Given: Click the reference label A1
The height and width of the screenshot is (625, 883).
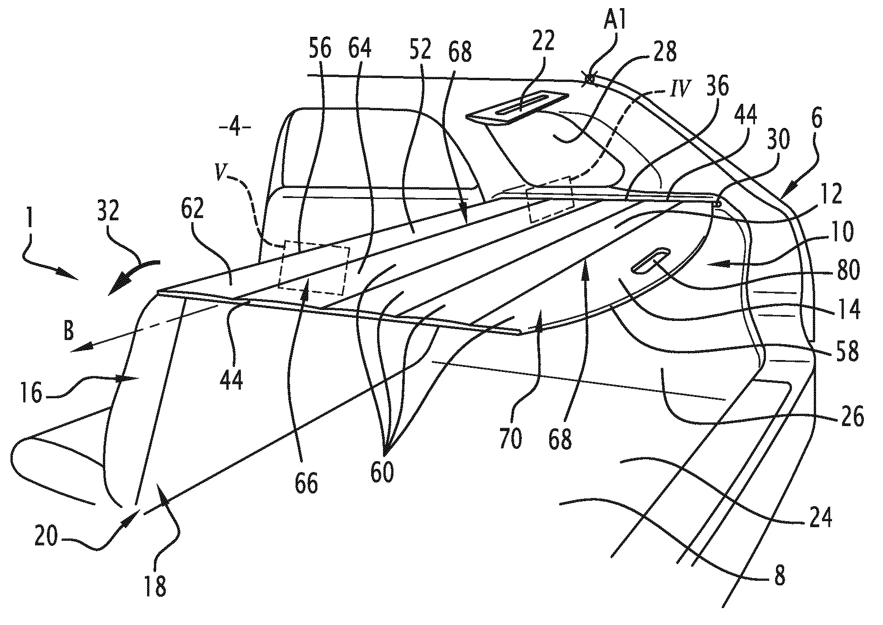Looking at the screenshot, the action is [613, 22].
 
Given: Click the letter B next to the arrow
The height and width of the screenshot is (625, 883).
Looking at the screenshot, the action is [69, 332].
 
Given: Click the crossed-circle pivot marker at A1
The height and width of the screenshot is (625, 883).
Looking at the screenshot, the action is [590, 80].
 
